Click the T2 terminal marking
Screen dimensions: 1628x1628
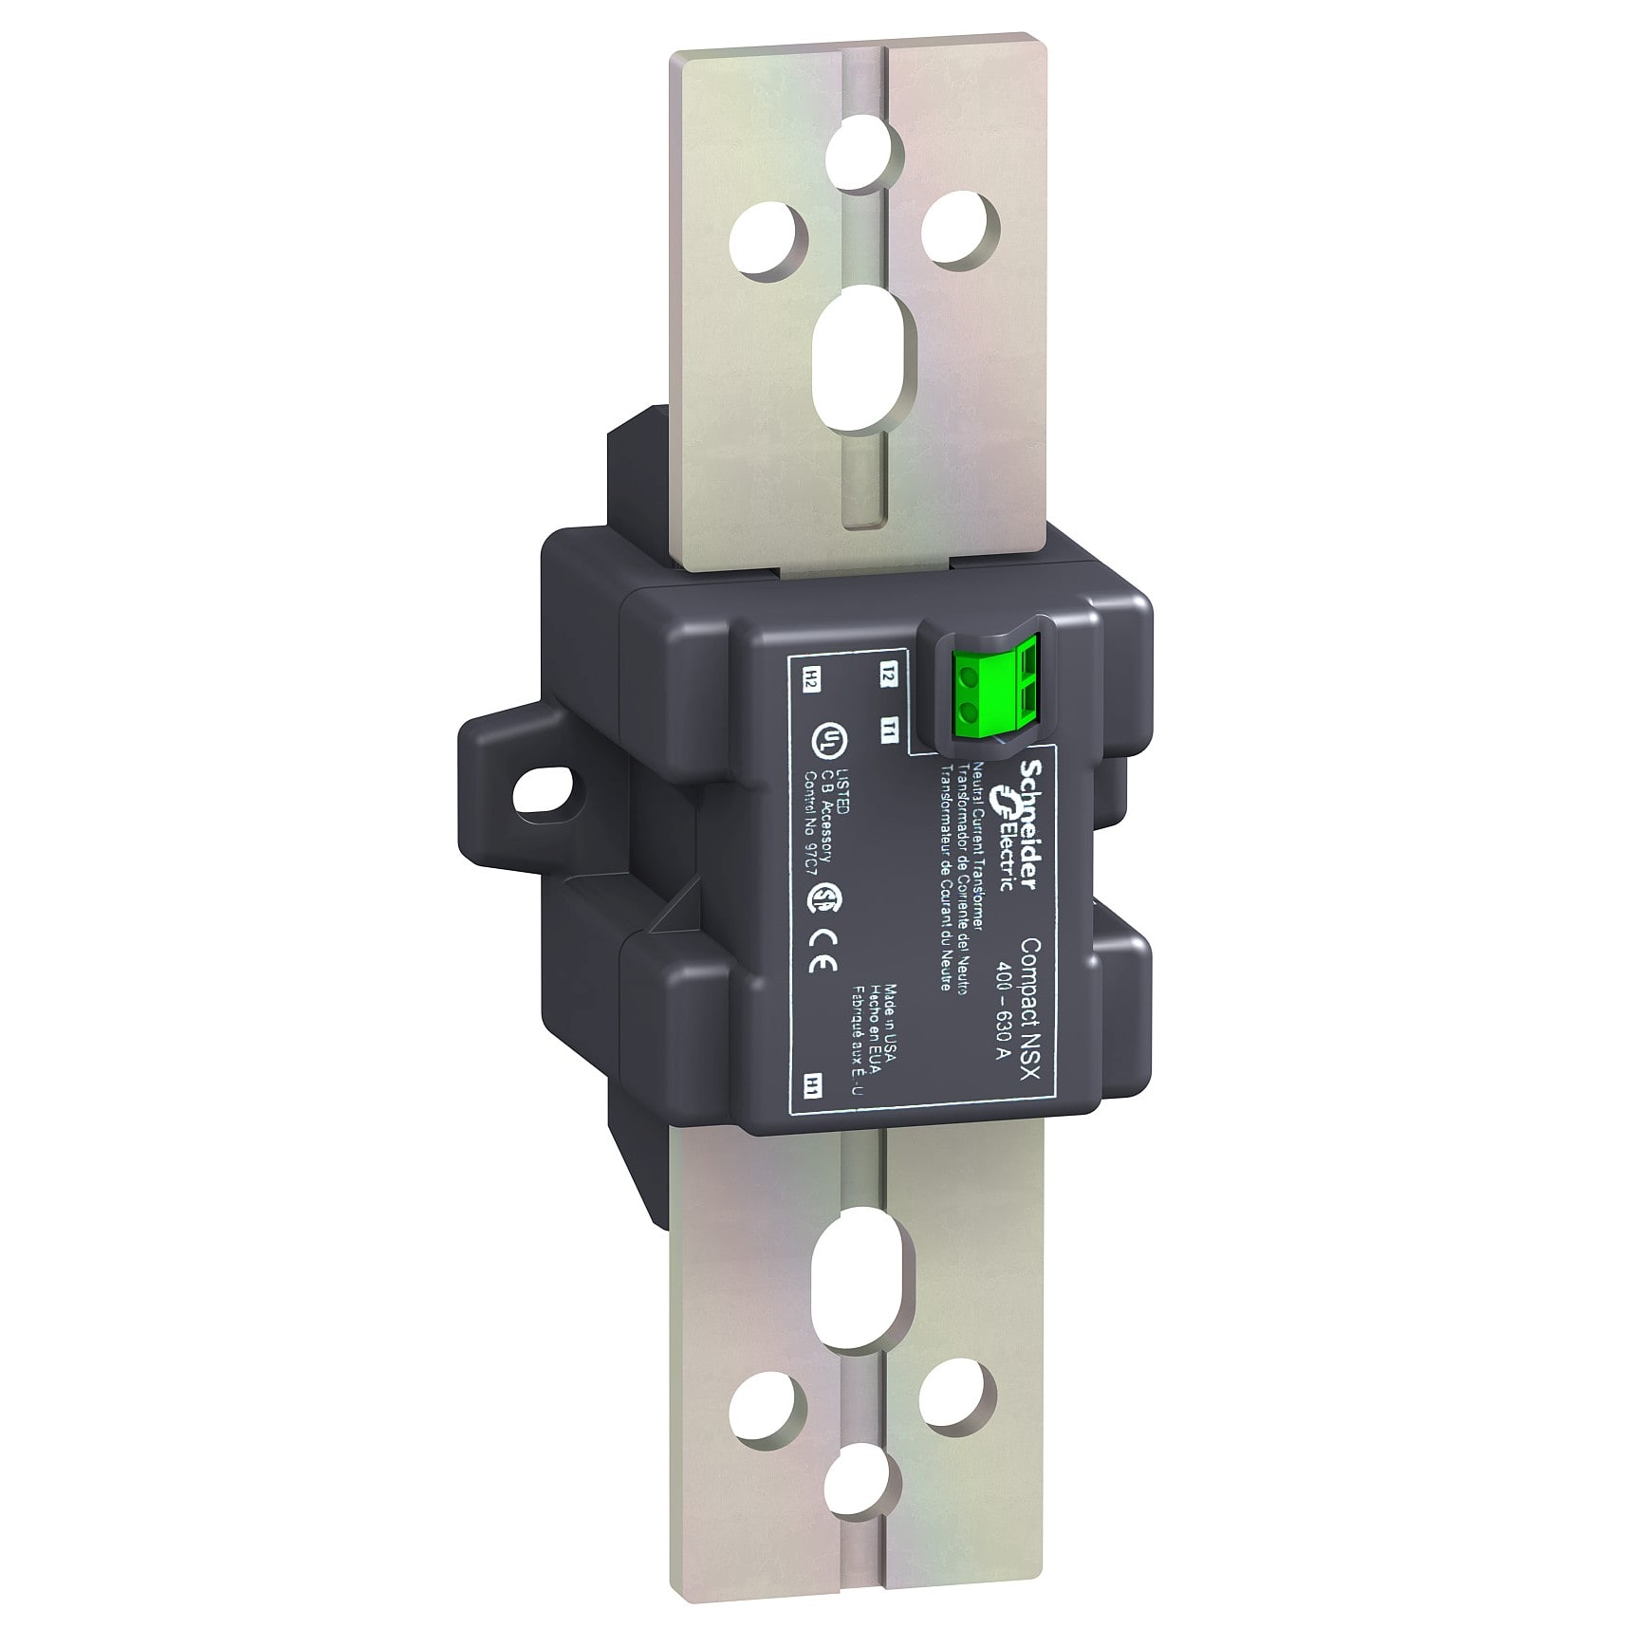[888, 677]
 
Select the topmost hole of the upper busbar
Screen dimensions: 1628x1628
[859, 150]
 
